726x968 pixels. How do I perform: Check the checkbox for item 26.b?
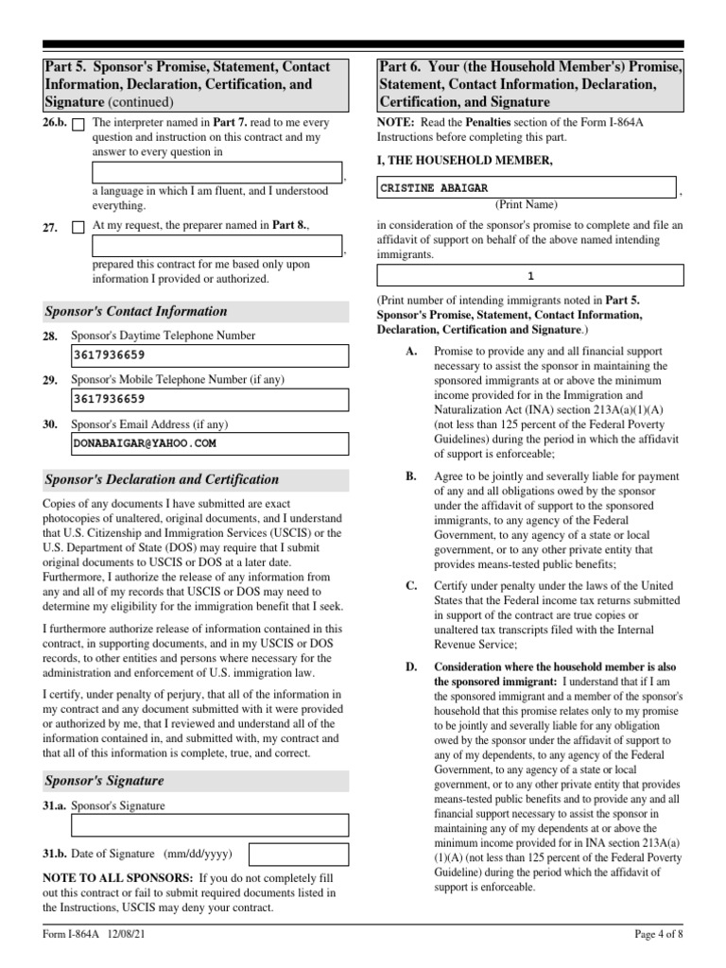point(78,124)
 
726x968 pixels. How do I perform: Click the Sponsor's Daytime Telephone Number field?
point(210,355)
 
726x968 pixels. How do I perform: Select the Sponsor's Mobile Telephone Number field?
point(210,399)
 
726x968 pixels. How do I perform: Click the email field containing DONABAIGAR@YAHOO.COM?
point(210,441)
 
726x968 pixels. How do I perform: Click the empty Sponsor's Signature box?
point(210,825)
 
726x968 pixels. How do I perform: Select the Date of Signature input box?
point(298,855)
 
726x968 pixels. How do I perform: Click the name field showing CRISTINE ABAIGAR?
point(526,188)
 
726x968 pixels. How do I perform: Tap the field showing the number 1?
point(530,276)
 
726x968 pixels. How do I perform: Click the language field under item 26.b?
point(217,172)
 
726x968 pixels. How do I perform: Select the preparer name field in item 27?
point(217,247)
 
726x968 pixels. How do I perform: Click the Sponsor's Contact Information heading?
point(136,311)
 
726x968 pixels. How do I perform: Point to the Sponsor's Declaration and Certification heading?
point(162,479)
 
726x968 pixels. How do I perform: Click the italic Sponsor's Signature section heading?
point(104,781)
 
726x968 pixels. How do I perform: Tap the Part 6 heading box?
point(530,84)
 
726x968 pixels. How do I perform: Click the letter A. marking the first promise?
point(411,351)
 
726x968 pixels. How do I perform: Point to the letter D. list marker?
point(411,666)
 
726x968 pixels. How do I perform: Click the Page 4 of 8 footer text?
point(658,936)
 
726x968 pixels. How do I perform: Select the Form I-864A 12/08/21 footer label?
point(93,936)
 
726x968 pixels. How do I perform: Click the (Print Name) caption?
point(527,204)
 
